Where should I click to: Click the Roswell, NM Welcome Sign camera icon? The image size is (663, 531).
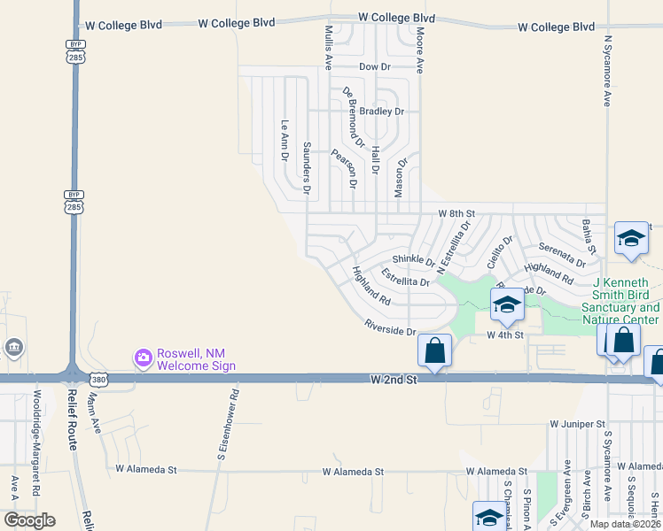(143, 358)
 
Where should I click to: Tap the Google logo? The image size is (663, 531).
(29, 520)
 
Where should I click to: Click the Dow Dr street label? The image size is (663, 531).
(374, 66)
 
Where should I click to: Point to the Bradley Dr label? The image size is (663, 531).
(386, 112)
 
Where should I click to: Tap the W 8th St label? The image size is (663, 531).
(456, 214)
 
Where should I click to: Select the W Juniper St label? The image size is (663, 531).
(576, 425)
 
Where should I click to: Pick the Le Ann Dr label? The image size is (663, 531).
(285, 141)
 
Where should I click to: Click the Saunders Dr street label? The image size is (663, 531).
(307, 167)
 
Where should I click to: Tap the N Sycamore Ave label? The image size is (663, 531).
(608, 71)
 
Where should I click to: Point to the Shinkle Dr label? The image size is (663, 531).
(413, 261)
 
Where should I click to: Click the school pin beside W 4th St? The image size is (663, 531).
(506, 305)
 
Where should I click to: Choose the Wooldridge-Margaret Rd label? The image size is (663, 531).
(36, 442)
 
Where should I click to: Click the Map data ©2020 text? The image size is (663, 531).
(625, 524)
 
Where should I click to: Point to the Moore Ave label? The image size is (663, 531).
(419, 50)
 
